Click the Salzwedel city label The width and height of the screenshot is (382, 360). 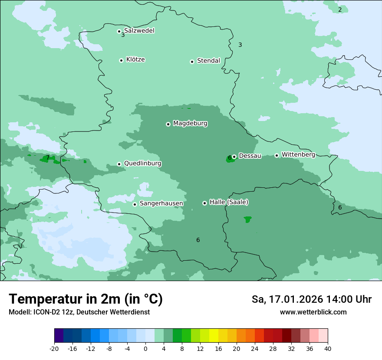click(139, 31)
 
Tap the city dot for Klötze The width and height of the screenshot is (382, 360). click(121, 60)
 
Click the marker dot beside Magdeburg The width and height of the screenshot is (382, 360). click(168, 124)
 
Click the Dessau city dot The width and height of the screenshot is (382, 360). click(234, 157)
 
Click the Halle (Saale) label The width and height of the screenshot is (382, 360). click(229, 202)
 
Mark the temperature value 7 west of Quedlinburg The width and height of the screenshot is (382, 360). click(48, 157)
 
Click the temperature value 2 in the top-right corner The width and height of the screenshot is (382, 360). click(340, 10)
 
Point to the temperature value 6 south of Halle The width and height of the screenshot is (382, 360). click(198, 240)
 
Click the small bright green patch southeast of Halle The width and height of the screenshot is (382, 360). click(247, 219)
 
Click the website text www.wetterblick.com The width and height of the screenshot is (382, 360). click(313, 312)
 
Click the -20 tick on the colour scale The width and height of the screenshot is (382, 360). click(54, 348)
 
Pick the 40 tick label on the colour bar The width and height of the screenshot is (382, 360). click(328, 348)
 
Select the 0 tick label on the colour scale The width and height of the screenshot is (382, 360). click(145, 348)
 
